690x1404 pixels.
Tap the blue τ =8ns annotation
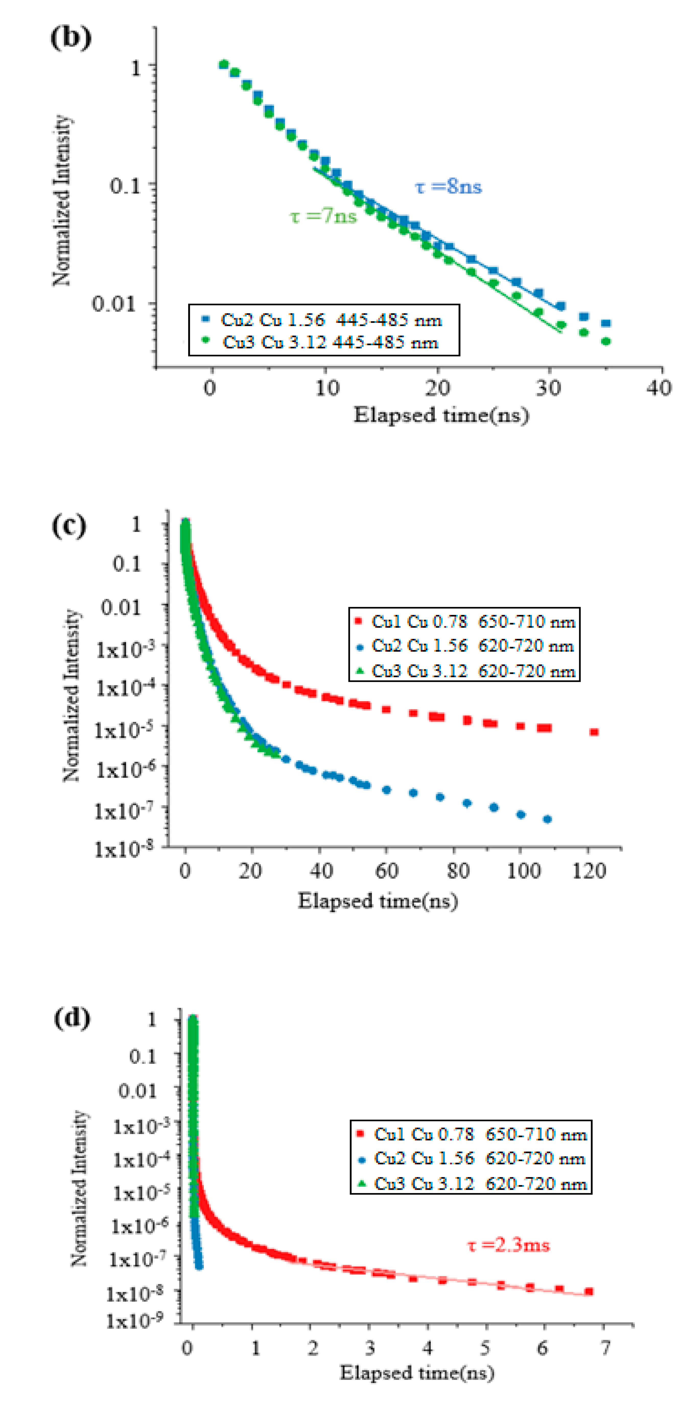click(x=448, y=187)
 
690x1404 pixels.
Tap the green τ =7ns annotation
click(x=323, y=216)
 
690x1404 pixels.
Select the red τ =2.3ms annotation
click(x=509, y=1245)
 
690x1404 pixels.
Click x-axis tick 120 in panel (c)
click(x=589, y=871)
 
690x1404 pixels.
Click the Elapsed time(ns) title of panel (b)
click(x=441, y=415)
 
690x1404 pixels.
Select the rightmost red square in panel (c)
click(x=594, y=732)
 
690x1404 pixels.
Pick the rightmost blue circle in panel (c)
click(x=547, y=819)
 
